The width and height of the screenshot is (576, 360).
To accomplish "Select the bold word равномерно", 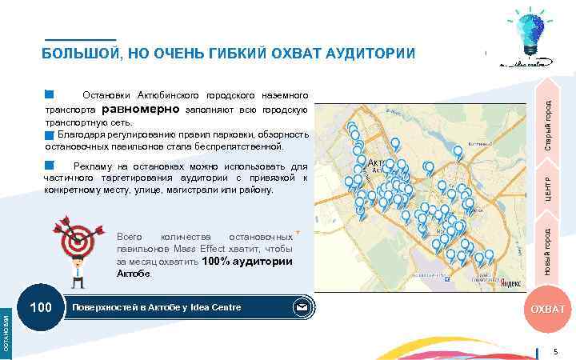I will [141, 109].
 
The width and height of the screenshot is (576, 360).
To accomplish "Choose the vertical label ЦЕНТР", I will [548, 192].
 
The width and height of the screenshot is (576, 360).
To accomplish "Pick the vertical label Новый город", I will [548, 251].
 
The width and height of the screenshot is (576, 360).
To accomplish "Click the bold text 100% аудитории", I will [247, 262].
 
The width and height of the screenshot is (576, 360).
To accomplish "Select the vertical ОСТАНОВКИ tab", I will [6, 332].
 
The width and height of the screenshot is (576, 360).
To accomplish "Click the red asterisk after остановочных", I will [298, 233].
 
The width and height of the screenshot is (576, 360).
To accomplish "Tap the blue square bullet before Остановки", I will [49, 95].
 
